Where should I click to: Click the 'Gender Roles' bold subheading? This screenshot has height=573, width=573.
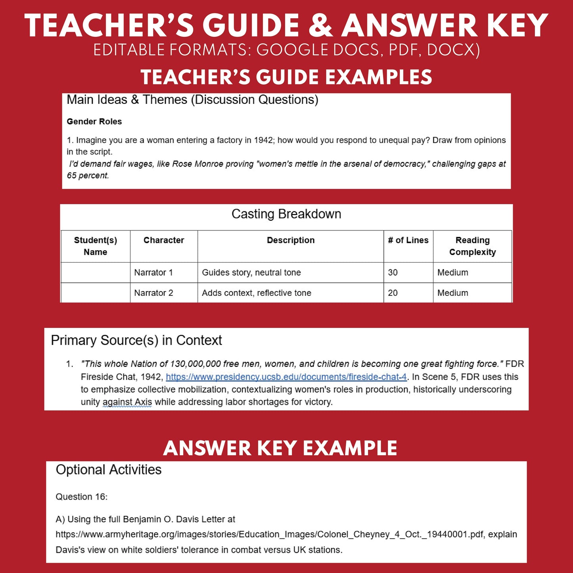pos(94,122)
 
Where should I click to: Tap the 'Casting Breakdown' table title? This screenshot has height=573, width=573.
pos(286,214)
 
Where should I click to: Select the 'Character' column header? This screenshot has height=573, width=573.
pos(164,240)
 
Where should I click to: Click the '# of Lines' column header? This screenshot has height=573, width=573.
pos(408,240)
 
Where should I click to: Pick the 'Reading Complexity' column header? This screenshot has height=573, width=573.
pos(472,246)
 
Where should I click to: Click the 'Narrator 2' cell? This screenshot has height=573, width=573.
pos(153,293)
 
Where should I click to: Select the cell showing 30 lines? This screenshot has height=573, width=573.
pos(393,273)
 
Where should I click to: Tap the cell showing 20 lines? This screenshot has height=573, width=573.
pos(393,293)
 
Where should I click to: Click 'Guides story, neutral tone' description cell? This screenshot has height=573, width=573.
pos(251,273)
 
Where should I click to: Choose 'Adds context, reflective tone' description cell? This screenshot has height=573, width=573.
pos(257,293)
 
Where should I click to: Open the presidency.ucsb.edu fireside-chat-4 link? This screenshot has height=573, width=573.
pos(286,377)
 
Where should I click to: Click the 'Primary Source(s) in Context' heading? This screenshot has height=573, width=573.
pos(136,340)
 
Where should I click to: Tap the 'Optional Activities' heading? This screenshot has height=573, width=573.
pos(109,470)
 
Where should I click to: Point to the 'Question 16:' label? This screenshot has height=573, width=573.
pos(81,497)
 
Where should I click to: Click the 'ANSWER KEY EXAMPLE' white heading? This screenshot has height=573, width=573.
pos(280,448)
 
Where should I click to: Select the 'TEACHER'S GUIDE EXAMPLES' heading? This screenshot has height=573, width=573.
pos(286,77)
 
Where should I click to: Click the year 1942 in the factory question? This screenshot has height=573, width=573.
pos(264,140)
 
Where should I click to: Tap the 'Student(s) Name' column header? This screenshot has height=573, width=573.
pos(96,246)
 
